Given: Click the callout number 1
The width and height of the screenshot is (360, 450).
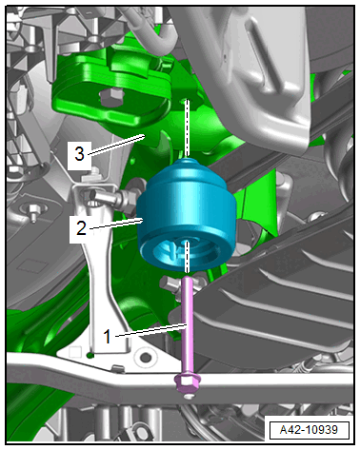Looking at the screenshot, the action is (x=108, y=337).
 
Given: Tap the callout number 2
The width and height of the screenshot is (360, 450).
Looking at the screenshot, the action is (x=81, y=227).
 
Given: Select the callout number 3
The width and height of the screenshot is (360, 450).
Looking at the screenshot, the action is (x=79, y=153).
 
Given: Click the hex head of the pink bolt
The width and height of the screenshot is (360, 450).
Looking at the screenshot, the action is (x=187, y=383).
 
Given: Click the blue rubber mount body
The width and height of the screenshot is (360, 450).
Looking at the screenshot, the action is (x=187, y=216).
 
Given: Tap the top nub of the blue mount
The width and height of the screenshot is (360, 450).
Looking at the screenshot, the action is (x=188, y=163).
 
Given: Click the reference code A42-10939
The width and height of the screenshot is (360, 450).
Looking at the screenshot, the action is (x=309, y=430).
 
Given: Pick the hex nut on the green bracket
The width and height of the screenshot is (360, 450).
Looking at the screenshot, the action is (x=111, y=96).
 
